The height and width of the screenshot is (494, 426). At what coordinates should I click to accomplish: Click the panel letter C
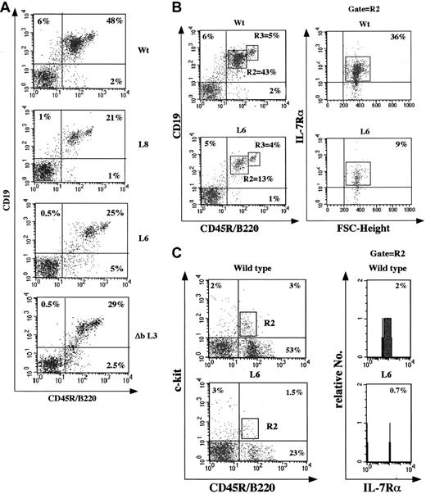point(165,267)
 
